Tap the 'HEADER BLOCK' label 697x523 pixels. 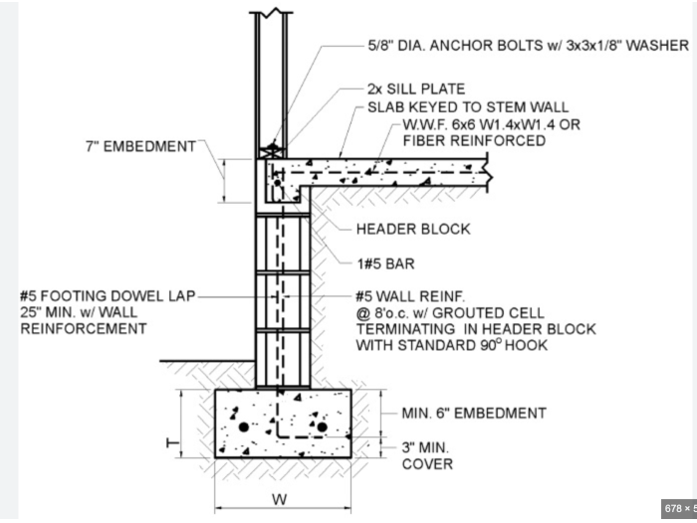(x=412, y=229)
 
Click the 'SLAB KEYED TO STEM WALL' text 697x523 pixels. (x=468, y=107)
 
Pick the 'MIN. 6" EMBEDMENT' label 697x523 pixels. (x=473, y=413)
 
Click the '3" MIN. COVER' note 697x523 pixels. (x=427, y=454)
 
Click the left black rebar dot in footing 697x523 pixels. (x=243, y=429)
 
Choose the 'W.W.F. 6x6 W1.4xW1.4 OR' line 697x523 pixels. (x=490, y=125)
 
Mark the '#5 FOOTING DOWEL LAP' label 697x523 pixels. (x=108, y=295)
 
